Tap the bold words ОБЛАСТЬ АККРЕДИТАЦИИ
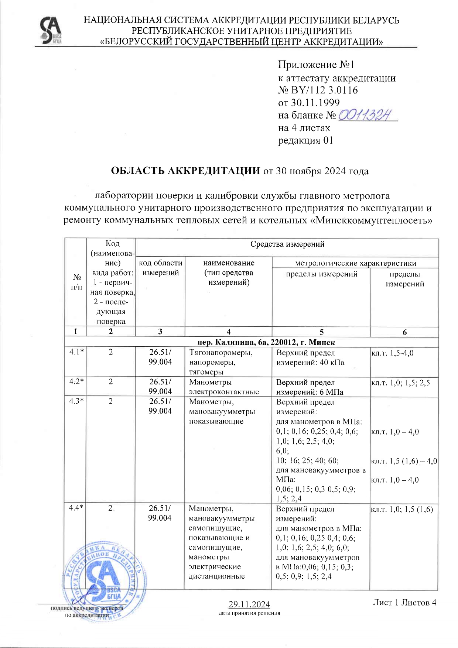[x=186, y=171]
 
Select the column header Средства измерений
[x=287, y=244]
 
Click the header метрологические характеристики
[x=355, y=263]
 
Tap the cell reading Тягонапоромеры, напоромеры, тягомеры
[x=221, y=362]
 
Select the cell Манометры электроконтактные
[x=224, y=387]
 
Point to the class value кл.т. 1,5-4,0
[x=392, y=353]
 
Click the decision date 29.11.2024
[x=249, y=604]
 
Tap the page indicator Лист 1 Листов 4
[x=404, y=603]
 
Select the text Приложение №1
[x=316, y=65]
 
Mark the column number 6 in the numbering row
[x=404, y=332]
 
